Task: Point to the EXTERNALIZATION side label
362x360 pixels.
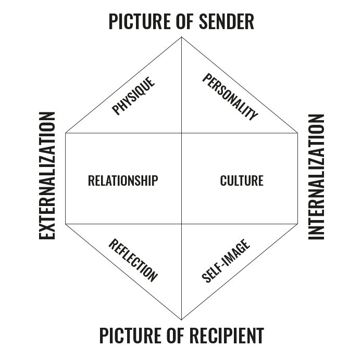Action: point(47,175)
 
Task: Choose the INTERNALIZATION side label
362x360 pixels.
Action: point(317,176)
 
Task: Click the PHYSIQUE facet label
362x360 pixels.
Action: point(134,96)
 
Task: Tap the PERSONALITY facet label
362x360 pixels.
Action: point(230,97)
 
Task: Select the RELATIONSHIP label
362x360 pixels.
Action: point(123,181)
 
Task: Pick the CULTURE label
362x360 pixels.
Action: point(242,181)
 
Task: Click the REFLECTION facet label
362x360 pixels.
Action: point(132,260)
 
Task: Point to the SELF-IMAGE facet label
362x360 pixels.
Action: point(226,261)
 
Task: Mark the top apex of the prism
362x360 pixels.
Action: point(181,37)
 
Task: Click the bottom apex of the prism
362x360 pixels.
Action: point(181,319)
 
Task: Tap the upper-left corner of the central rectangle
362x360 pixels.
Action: point(66,133)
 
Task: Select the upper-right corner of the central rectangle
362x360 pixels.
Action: point(297,133)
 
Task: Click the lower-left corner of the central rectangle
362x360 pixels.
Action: point(66,224)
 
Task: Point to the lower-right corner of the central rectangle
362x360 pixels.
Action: point(297,224)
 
